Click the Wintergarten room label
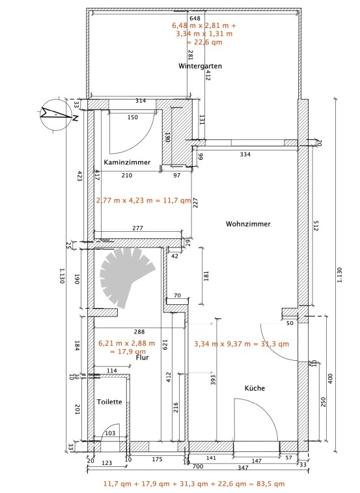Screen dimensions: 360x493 [200, 66]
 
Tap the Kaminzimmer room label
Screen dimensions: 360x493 [127, 162]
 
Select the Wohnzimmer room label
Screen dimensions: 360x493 [248, 224]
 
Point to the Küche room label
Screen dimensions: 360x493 [255, 388]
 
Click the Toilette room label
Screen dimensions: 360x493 [109, 402]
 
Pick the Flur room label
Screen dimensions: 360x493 [143, 358]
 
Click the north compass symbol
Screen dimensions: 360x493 [57, 115]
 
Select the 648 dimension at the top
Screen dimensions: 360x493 [195, 18]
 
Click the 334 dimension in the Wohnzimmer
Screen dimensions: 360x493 [245, 154]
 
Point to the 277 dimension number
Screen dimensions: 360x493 [138, 228]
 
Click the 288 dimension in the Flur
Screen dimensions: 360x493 [139, 331]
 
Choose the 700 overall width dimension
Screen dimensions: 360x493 [197, 466]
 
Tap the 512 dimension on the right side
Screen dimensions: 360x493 [316, 225]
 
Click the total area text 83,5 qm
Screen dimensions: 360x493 [271, 484]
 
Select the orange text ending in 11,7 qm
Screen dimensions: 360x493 [143, 201]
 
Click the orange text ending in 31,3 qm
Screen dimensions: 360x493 [242, 344]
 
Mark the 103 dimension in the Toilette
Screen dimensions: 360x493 [110, 433]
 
